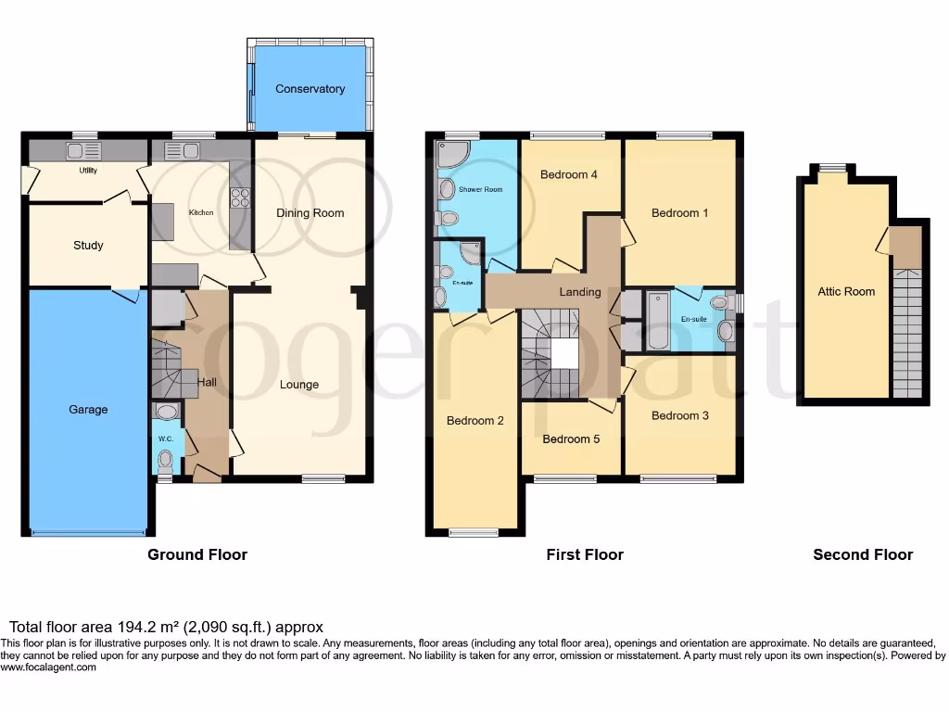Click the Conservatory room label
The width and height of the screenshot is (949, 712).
[310, 89]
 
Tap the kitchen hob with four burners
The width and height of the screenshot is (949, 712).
[241, 196]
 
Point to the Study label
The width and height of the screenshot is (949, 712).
[88, 246]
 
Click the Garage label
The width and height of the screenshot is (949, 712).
[88, 410]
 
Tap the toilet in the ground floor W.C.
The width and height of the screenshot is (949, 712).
[166, 458]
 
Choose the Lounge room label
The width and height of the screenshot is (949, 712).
[299, 385]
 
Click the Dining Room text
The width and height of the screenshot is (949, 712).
[310, 213]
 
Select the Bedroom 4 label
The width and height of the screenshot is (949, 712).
[568, 174]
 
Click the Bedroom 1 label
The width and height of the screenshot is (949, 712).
[679, 213]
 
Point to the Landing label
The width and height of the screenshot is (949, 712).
[580, 292]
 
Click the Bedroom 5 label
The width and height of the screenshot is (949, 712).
[571, 439]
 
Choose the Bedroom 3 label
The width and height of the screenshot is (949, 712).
[679, 415]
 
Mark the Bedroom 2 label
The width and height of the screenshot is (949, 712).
[474, 421]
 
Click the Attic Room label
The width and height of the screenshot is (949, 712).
[845, 291]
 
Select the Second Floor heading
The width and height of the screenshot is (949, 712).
[862, 554]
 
